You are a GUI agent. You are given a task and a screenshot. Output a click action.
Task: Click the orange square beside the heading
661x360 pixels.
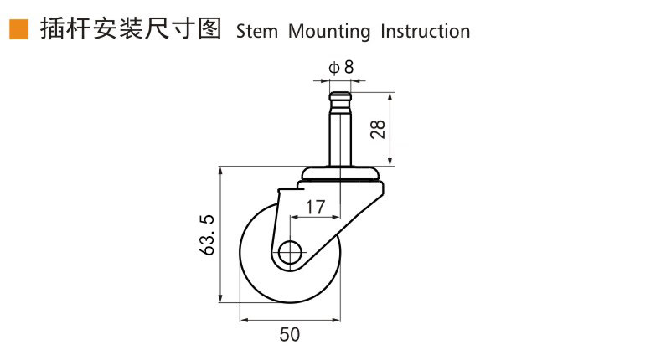pyautogui.click(x=19, y=29)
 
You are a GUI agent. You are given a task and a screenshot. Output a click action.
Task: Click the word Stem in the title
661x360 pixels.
pyautogui.click(x=256, y=32)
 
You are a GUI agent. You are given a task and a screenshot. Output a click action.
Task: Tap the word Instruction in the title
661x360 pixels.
pyautogui.click(x=425, y=32)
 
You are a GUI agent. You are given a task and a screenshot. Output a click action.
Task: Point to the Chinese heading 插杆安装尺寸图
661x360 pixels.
pyautogui.click(x=131, y=29)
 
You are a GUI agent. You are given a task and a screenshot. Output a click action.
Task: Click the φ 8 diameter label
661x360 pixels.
pyautogui.click(x=341, y=67)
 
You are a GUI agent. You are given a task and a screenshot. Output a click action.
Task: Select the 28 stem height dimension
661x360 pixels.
pyautogui.click(x=378, y=129)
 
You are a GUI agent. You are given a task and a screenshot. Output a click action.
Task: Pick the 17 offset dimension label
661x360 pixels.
pyautogui.click(x=315, y=207)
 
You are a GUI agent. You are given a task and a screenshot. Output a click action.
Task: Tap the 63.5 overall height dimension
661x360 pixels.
pyautogui.click(x=207, y=235)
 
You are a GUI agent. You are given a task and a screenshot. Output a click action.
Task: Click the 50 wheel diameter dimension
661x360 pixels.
pyautogui.click(x=290, y=334)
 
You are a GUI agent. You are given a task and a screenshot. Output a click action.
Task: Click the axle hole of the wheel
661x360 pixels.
pyautogui.click(x=290, y=253)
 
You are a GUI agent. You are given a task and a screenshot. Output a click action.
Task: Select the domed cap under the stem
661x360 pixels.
pyautogui.click(x=342, y=173)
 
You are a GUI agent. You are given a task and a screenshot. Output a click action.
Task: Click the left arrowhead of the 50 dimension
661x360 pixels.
pyautogui.click(x=244, y=321)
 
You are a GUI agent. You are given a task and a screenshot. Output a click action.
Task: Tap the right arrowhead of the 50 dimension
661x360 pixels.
pyautogui.click(x=336, y=321)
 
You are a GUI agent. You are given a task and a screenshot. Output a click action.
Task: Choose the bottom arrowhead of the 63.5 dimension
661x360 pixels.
pyautogui.click(x=220, y=298)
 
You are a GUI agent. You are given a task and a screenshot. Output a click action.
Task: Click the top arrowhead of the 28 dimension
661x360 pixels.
pyautogui.click(x=390, y=97)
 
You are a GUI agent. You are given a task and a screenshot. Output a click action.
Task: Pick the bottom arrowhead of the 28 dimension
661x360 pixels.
pyautogui.click(x=390, y=161)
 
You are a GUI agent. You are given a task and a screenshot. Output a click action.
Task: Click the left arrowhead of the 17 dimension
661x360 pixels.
pyautogui.click(x=294, y=218)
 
